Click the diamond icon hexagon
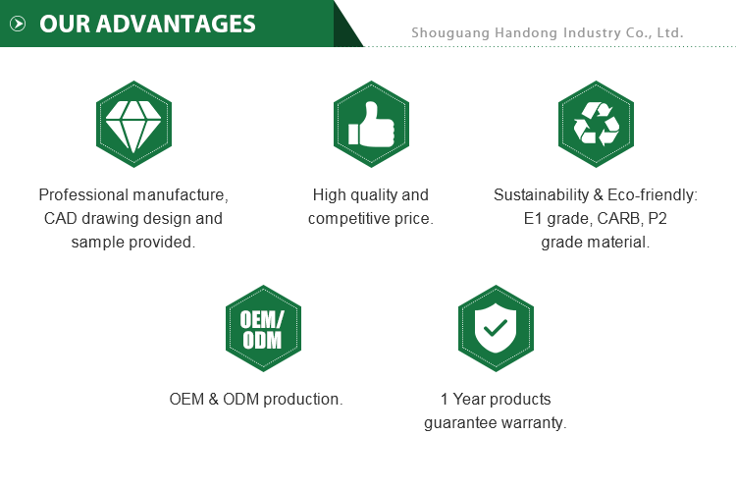(133, 124)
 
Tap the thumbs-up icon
(371, 124)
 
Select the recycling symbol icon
(596, 124)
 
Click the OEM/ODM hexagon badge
(263, 328)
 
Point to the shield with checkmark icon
(496, 328)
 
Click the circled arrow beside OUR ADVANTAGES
(18, 24)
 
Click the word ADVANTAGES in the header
(176, 24)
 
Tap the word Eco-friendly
(653, 195)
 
